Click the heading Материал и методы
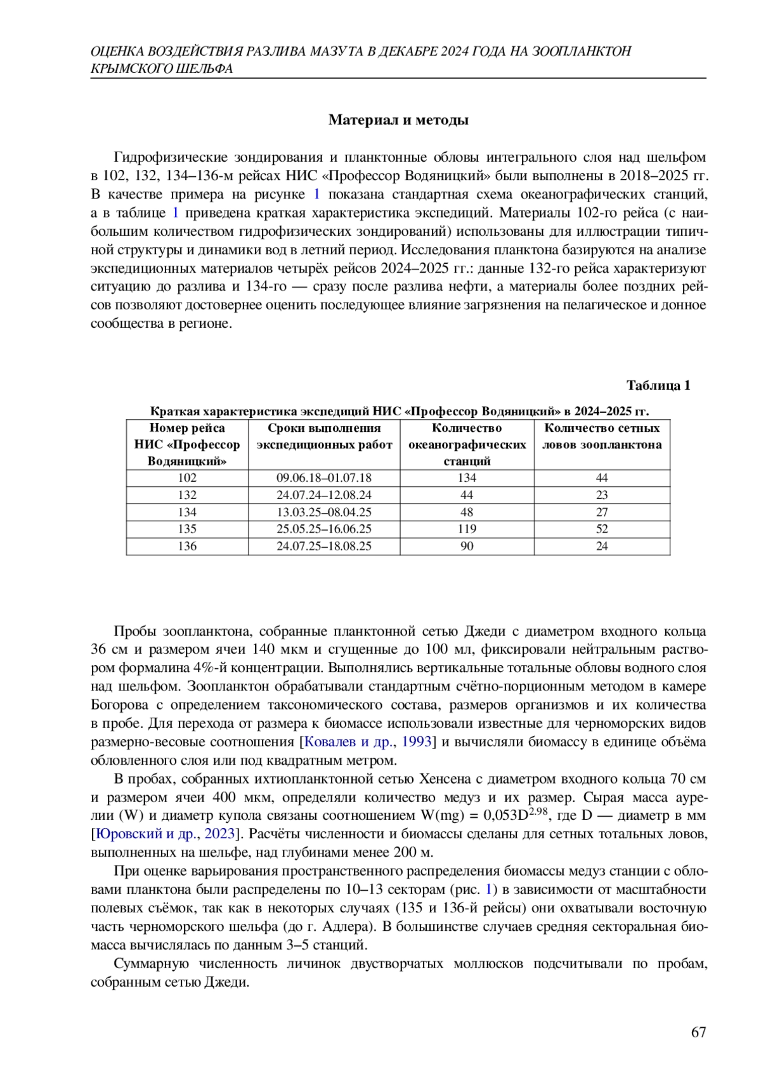point(398,120)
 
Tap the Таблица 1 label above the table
point(658,386)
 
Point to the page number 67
point(698,1032)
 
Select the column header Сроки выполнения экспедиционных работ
point(324,436)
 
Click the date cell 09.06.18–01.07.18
point(324,478)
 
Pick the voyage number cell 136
point(187,546)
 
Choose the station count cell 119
point(467,529)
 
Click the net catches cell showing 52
point(602,529)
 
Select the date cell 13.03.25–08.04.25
point(324,512)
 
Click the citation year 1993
point(417,742)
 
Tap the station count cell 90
point(467,546)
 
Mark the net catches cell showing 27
point(602,512)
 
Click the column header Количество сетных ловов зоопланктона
point(602,436)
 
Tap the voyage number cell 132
point(187,495)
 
